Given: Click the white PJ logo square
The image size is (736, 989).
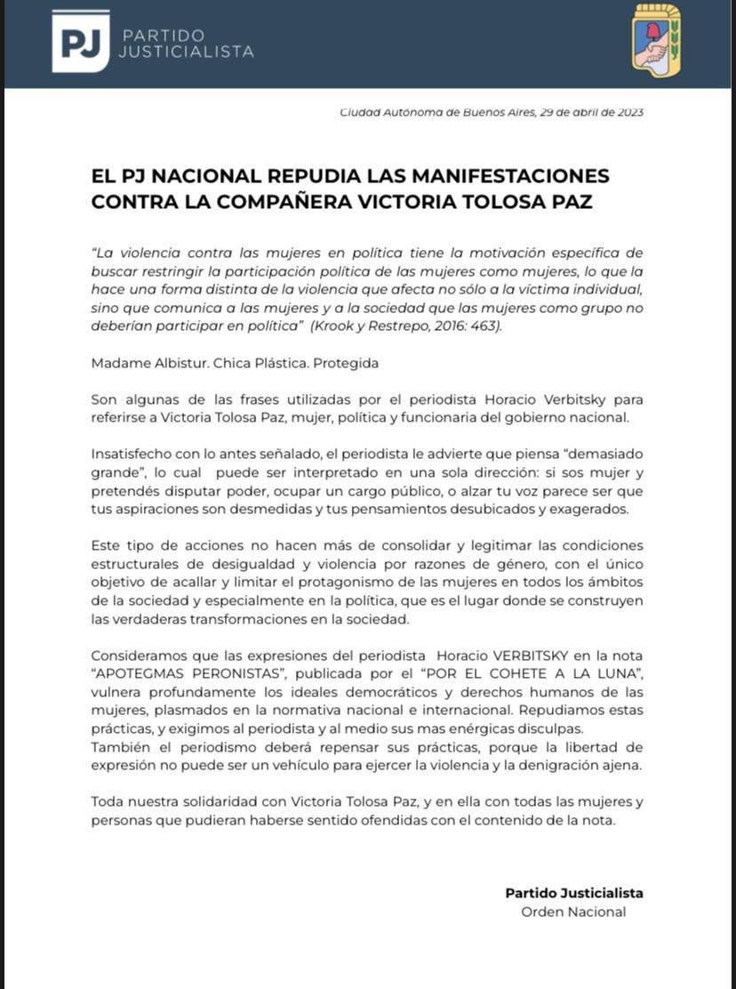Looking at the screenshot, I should (x=81, y=41).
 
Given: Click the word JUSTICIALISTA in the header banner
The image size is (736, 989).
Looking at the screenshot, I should (x=187, y=52).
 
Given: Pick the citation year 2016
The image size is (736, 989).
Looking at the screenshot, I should (x=441, y=326).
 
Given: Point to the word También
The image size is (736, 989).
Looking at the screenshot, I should (x=119, y=747).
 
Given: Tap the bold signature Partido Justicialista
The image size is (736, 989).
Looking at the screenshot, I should (x=573, y=893).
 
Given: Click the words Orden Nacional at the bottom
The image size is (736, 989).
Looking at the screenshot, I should (x=573, y=912).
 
